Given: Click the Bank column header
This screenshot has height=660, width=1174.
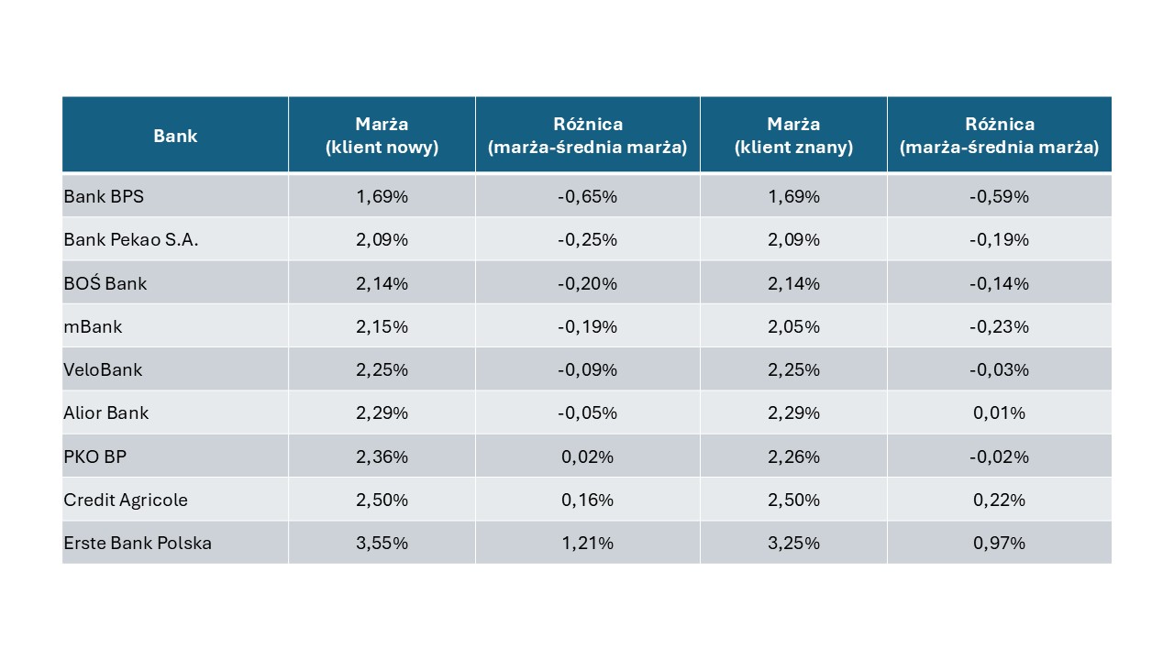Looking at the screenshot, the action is point(175,136).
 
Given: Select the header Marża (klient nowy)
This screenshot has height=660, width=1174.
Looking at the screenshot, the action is point(382,135).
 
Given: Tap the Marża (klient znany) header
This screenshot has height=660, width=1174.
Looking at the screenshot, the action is point(793,135).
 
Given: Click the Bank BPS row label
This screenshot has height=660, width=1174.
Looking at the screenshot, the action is point(104,196).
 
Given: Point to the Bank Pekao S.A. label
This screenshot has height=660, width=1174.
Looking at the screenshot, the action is point(131,239).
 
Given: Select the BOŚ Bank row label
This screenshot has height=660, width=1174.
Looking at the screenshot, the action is point(105,283).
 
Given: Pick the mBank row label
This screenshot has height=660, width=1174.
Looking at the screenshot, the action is point(93,326).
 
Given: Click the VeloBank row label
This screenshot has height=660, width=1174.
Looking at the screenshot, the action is point(103,369).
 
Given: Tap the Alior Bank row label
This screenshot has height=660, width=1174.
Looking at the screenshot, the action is point(105,412).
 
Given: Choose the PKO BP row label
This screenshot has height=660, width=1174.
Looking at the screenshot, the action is point(94,456).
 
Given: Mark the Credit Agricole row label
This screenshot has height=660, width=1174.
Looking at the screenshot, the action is point(126,500).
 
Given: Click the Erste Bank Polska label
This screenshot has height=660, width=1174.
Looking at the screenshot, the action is point(138,543).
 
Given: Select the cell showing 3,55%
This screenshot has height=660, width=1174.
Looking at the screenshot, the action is point(382,543).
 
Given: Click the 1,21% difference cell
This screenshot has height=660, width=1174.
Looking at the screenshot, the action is point(587,543).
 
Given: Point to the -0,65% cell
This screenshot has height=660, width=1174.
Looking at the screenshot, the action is point(587,196).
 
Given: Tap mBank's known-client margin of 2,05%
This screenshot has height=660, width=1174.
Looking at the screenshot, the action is point(793,326).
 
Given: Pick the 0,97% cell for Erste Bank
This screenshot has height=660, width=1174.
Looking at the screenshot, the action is point(999,543).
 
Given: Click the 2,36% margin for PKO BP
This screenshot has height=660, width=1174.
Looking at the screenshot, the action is point(382,456).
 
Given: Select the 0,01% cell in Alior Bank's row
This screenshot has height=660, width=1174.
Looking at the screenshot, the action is point(999,412).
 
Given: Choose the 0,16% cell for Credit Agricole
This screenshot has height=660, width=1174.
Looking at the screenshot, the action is point(587,500).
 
